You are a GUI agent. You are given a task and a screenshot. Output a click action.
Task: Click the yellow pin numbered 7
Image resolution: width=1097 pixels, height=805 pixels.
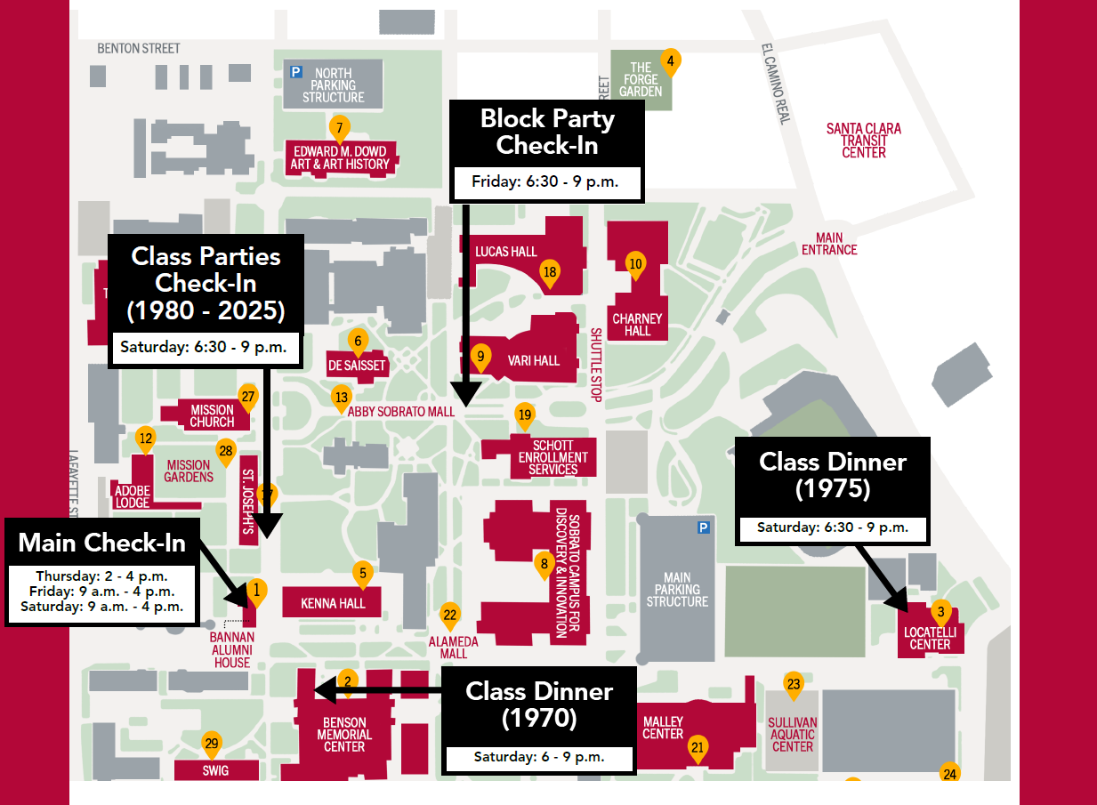tap(338, 127)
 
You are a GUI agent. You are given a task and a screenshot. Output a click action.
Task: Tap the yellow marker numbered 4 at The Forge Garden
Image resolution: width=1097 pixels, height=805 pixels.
tap(670, 61)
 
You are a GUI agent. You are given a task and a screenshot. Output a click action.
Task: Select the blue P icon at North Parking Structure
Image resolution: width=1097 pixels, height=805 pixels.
tap(296, 71)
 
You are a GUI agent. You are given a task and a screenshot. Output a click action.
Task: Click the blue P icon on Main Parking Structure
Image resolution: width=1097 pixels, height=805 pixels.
tap(704, 527)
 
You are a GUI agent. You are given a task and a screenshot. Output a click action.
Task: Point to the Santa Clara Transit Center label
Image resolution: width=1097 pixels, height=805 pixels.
tap(863, 141)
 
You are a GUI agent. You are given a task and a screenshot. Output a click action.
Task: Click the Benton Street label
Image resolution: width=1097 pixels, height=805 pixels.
tap(139, 48)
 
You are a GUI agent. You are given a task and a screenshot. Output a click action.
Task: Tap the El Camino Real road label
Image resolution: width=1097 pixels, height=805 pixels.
tap(775, 84)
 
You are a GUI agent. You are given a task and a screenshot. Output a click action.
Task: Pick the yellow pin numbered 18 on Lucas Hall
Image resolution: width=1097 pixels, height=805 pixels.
tap(550, 272)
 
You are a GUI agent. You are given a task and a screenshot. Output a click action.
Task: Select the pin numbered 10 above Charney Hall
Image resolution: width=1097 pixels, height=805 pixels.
tap(634, 264)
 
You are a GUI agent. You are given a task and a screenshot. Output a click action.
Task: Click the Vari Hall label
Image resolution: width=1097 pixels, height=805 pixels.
tap(534, 360)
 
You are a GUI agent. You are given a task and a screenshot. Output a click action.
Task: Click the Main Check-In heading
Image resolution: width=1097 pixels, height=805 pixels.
tap(102, 543)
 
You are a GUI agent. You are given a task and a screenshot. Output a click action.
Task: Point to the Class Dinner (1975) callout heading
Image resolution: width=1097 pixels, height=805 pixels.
tap(833, 475)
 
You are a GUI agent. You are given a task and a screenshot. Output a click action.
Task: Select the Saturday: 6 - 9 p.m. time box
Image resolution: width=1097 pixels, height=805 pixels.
tap(539, 758)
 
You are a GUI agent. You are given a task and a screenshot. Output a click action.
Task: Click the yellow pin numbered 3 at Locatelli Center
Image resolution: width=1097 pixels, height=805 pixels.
tap(940, 612)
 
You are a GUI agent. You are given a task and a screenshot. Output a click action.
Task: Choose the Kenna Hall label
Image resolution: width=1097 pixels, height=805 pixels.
tap(333, 604)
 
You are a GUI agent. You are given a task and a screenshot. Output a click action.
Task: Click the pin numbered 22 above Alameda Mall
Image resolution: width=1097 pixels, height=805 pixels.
tap(450, 615)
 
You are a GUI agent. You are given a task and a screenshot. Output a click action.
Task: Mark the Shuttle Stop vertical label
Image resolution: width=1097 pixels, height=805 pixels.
tap(596, 365)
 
